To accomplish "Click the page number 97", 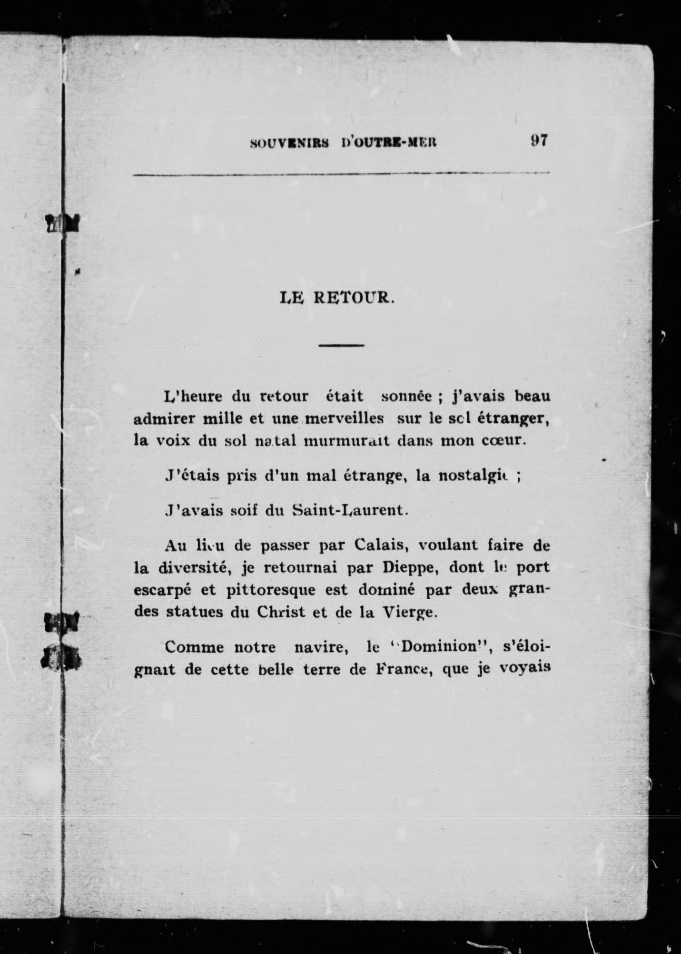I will [539, 141].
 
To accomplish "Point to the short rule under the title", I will [341, 345].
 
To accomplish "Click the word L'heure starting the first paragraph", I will [194, 396].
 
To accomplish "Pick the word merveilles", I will [345, 419].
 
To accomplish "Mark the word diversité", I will [204, 567].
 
